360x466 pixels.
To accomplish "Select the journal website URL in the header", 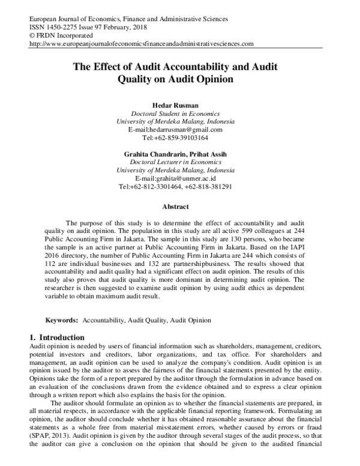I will (141, 44).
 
